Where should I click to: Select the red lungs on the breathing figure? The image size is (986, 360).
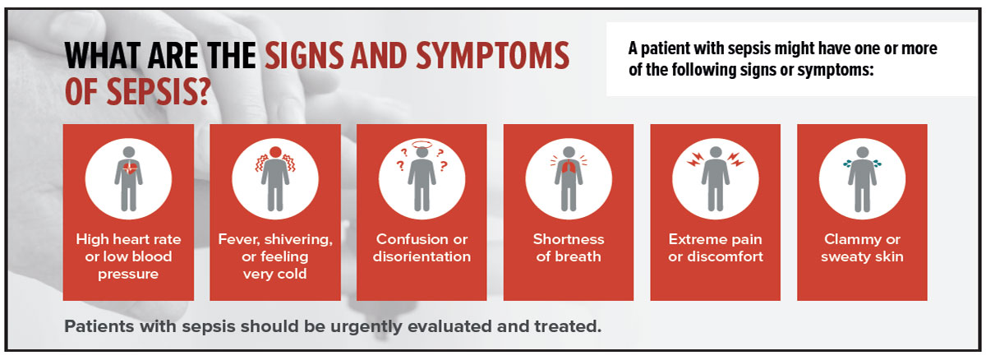click(568, 169)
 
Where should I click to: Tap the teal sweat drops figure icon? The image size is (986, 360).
click(861, 178)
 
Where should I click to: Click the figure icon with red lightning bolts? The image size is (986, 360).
click(714, 178)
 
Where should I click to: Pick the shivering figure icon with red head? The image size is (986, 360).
click(274, 178)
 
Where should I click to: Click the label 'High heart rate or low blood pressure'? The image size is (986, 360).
click(128, 256)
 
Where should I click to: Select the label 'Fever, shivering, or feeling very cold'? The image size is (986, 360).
click(274, 256)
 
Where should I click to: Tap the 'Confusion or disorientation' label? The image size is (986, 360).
click(422, 247)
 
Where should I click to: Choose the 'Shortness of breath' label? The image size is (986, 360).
click(568, 247)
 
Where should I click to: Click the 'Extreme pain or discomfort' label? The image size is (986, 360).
click(715, 247)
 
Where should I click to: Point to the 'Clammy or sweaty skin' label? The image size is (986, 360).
click(862, 247)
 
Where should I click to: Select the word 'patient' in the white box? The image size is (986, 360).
click(670, 49)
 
